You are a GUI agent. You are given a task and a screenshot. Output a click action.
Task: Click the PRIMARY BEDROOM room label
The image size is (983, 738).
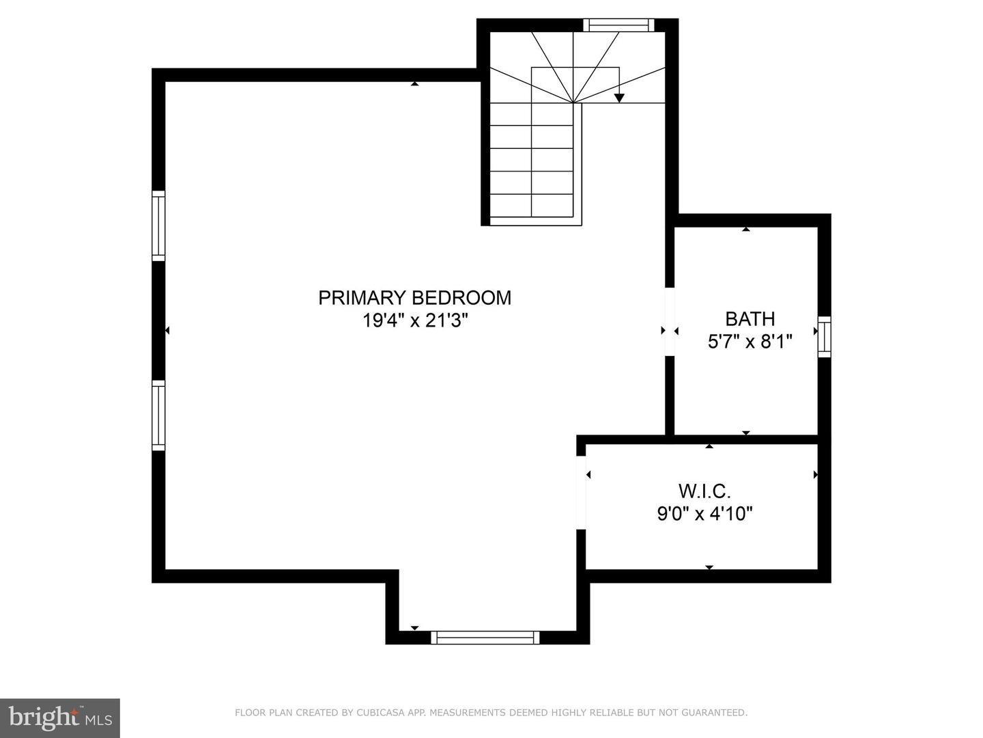point(414,298)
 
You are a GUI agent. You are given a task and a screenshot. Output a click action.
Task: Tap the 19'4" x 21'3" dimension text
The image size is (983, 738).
point(414,320)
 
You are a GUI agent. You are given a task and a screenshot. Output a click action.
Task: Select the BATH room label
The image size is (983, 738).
point(750,319)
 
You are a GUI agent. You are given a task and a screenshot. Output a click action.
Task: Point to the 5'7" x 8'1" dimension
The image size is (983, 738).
point(750,342)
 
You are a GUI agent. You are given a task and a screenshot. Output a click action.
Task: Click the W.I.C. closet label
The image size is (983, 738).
point(704,491)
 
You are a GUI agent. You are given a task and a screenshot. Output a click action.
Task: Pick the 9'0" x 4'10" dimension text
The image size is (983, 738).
point(704,513)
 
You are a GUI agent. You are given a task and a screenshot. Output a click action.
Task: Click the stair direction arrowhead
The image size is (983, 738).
point(619,98)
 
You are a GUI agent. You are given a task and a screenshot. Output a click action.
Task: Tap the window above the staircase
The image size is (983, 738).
point(618,25)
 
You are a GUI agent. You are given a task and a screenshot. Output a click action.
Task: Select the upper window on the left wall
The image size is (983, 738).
point(158,226)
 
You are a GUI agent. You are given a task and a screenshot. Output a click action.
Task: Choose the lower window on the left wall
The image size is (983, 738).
point(158,415)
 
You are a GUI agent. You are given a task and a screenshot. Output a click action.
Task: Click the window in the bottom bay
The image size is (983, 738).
point(485,638)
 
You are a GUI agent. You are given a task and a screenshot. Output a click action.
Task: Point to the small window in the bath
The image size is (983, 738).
point(825,337)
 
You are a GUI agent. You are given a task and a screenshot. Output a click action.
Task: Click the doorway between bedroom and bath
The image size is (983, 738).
point(670,321)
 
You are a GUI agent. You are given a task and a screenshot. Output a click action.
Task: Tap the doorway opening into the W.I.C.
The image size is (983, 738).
point(582,492)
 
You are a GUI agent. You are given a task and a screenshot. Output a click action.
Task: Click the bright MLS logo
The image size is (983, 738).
point(59,717)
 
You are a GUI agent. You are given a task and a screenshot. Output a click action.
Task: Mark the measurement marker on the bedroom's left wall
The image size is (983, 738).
point(167,331)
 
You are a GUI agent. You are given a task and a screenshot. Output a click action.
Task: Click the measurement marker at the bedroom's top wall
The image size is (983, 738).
point(414,83)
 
